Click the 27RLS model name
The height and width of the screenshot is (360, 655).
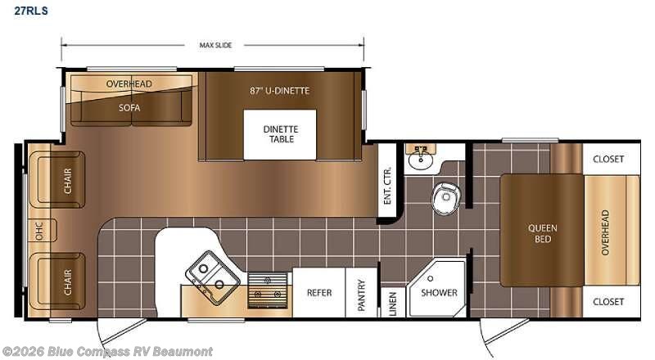pyautogui.click(x=31, y=11)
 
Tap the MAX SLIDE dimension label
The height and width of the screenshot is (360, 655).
pyautogui.click(x=215, y=45)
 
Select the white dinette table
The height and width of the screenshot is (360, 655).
pyautogui.click(x=280, y=134)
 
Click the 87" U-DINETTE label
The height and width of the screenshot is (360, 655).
pyautogui.click(x=279, y=91)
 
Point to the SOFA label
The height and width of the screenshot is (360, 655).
pyautogui.click(x=129, y=108)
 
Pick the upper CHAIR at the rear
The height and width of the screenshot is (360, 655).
pyautogui.click(x=57, y=180)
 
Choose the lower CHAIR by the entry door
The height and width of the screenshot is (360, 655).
pyautogui.click(x=57, y=281)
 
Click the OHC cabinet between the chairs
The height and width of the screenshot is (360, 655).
pyautogui.click(x=42, y=230)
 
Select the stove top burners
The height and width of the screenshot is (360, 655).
pyautogui.click(x=268, y=290)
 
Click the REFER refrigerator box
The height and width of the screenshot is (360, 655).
pyautogui.click(x=319, y=292)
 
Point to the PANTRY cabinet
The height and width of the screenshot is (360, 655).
pyautogui.click(x=362, y=292)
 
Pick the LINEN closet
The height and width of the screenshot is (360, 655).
pyautogui.click(x=393, y=302)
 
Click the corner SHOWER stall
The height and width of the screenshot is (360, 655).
pyautogui.click(x=437, y=288)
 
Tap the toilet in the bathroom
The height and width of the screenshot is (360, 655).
pyautogui.click(x=446, y=198)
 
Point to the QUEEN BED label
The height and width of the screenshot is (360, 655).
pyautogui.click(x=542, y=233)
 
